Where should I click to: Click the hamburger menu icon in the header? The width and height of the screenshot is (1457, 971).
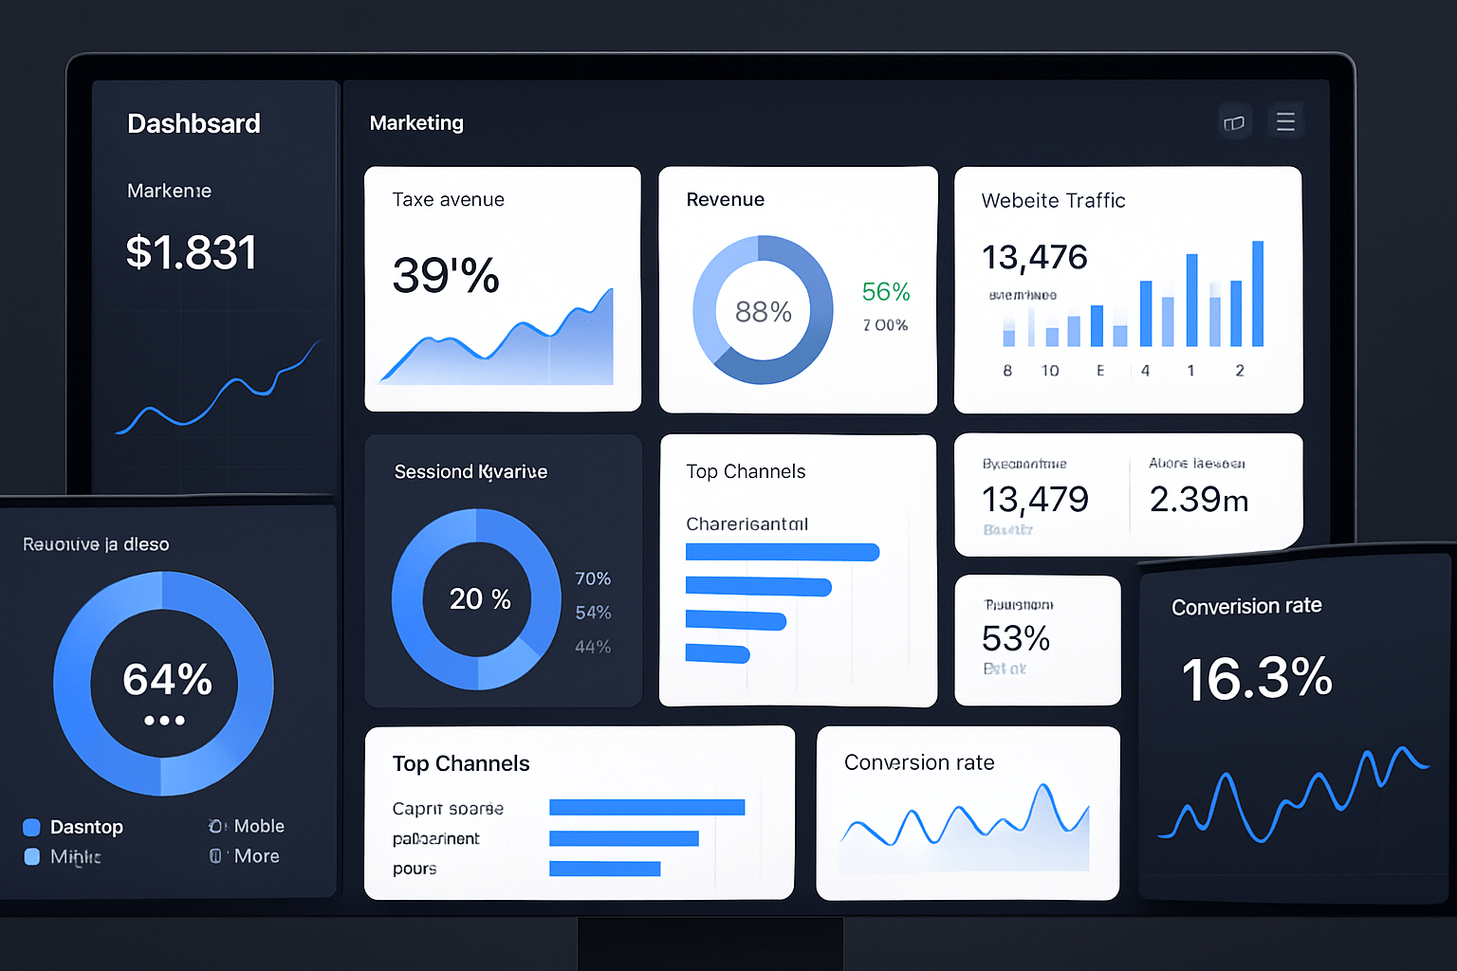[1285, 121]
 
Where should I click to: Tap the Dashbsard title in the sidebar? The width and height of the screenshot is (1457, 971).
[194, 123]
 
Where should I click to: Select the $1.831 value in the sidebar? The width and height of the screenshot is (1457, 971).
[191, 252]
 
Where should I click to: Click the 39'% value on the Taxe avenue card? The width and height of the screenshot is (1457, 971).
[446, 275]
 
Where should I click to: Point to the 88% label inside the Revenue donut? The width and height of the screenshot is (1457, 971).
[763, 311]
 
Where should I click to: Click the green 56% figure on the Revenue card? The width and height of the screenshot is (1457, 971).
[885, 292]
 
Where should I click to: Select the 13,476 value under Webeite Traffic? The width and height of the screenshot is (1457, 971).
[1034, 257]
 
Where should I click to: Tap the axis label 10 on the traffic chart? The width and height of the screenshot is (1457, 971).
[1050, 371]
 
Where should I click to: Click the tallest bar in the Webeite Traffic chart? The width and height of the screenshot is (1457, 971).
[1258, 294]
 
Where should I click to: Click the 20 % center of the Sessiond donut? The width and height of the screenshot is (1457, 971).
[479, 598]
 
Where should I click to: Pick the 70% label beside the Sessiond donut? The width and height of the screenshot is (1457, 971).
[592, 578]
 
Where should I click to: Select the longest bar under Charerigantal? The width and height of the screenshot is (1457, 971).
[782, 552]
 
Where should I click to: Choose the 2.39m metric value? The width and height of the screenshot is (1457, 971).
[1198, 499]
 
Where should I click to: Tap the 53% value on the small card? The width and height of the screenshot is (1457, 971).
[1015, 638]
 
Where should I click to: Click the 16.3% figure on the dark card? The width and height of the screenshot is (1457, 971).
[1256, 679]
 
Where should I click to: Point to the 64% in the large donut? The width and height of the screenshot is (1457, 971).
[167, 679]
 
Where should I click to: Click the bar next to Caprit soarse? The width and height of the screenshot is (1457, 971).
[647, 807]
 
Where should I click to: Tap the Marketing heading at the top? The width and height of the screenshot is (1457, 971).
[416, 122]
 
